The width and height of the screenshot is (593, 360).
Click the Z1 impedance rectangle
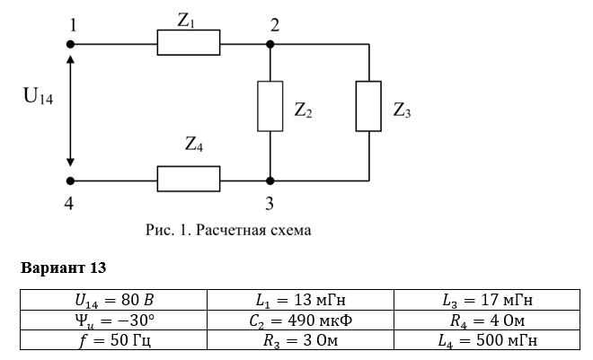189,43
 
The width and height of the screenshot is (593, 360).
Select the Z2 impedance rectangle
270,106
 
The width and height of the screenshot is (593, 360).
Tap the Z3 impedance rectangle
368,106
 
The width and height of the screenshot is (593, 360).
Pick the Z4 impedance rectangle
189,179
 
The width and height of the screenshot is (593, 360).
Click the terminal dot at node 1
70,44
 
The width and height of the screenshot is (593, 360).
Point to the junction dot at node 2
270,44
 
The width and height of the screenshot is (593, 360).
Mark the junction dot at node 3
270,181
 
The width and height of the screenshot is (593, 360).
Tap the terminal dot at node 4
70,181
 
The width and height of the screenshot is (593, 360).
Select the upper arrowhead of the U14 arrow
70,59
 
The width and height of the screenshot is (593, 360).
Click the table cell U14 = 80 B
113,301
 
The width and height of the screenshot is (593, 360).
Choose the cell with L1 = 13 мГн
300,301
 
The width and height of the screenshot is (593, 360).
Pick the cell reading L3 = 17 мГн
487,301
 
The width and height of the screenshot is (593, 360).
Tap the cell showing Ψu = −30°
113,320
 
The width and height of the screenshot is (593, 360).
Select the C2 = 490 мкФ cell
300,320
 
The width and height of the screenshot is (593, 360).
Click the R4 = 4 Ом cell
487,320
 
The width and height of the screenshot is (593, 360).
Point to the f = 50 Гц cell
113,340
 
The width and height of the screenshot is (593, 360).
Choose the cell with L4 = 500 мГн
487,340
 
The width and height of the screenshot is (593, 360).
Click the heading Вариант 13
63,268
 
